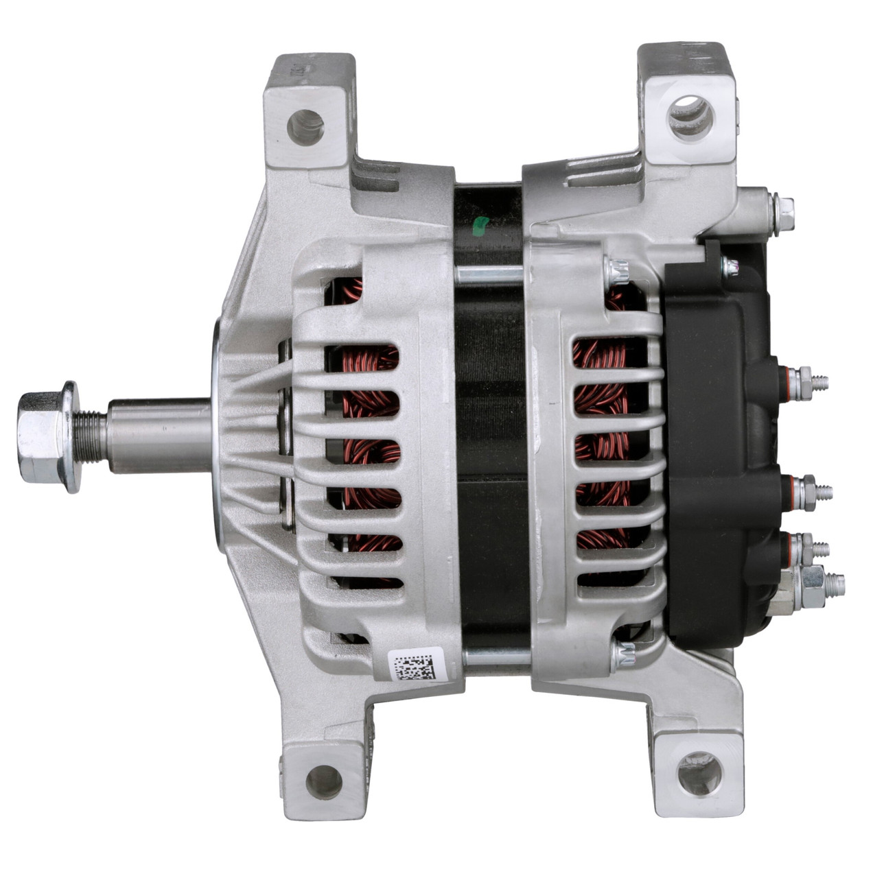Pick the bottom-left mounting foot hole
tap(323, 781)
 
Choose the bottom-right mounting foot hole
tap(699, 773)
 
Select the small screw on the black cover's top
tap(729, 266)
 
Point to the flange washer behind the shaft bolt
tap(71, 436)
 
